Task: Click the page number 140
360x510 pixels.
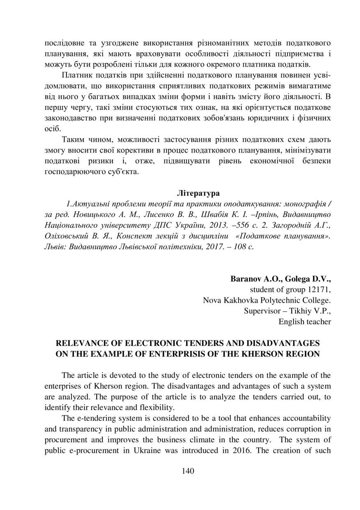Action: tap(188, 471)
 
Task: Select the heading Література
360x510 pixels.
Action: tap(198, 192)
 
